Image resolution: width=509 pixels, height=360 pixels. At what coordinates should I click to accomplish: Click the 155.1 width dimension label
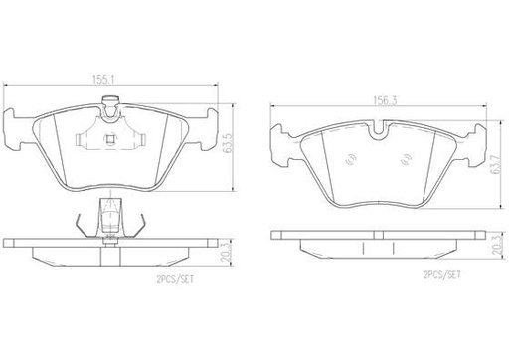pos(103,80)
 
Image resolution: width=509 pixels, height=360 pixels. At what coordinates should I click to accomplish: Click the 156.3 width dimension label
pos(385,100)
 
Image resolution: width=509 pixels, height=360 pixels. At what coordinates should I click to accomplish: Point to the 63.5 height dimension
pos(227,143)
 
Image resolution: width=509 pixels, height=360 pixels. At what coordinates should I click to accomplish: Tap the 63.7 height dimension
pos(496,163)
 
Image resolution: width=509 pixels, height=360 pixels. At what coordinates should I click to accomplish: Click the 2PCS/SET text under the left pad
pos(175,280)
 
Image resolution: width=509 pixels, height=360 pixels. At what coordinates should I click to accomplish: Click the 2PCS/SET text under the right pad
pos(442,274)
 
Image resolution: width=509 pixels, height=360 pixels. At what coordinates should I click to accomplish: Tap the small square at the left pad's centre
pos(110,139)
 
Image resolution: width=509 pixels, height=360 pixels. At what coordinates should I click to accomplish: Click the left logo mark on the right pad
pos(350,160)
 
